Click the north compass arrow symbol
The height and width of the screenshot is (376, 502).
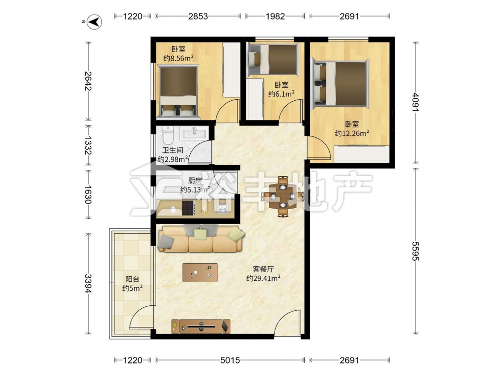pyautogui.click(x=95, y=22)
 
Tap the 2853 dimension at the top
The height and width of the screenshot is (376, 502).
pyautogui.click(x=198, y=17)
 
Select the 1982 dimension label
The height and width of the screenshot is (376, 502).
pyautogui.click(x=275, y=17)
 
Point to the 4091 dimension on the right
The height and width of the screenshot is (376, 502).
pyautogui.click(x=415, y=102)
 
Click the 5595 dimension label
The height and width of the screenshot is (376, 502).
pyautogui.click(x=415, y=251)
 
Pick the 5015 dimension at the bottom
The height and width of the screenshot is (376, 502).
pyautogui.click(x=230, y=360)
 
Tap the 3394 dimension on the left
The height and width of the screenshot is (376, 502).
pyautogui.click(x=88, y=284)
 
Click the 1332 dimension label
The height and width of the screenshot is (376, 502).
pyautogui.click(x=88, y=145)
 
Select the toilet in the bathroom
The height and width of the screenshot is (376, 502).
pyautogui.click(x=168, y=135)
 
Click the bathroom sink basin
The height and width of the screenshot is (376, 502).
pyautogui.click(x=194, y=133)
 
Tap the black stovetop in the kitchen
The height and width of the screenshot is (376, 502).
pyautogui.click(x=188, y=208)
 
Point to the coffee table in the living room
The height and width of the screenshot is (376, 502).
pyautogui.click(x=200, y=272)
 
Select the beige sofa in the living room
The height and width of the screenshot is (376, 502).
pyautogui.click(x=201, y=239)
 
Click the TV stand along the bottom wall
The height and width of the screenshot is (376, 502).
pyautogui.click(x=201, y=326)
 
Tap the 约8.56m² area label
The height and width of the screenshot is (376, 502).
pyautogui.click(x=178, y=58)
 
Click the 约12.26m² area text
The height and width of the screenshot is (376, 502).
pyautogui.click(x=351, y=133)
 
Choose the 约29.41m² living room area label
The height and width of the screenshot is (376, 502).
pyautogui.click(x=263, y=278)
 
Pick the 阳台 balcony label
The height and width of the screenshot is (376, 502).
pyautogui.click(x=132, y=279)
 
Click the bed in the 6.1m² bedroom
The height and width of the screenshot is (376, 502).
pyautogui.click(x=273, y=60)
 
